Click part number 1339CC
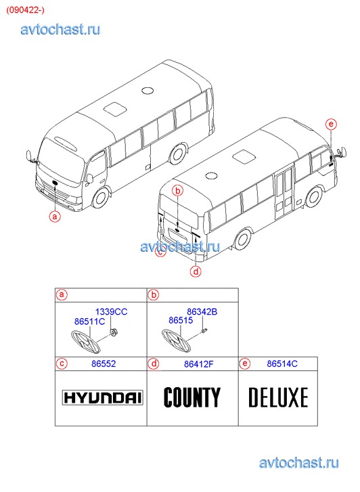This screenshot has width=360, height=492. coord(111,311)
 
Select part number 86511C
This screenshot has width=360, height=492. coord(89,321)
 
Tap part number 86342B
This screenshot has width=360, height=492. coord(202,311)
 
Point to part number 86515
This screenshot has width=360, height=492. coord(181,320)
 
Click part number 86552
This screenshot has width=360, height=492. coord(104,363)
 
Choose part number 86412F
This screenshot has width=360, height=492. coord(199,364)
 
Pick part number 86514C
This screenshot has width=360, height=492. coord(282,363)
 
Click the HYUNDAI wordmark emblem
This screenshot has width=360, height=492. coord(102,398)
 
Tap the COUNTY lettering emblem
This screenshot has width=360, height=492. coord(192,397)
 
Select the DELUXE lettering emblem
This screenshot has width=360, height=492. coord(278,397)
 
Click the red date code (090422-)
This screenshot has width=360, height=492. coord(25,10)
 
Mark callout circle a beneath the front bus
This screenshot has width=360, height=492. coord(55,217)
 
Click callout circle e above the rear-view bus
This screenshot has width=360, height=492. coord(331,125)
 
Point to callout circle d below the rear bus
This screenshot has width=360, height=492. coord(196,271)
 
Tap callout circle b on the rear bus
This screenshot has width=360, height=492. coord(178,190)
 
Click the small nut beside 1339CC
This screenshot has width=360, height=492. coord(112,332)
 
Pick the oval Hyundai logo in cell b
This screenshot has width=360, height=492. coord(176,341)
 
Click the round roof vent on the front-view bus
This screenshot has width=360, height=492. coord(148,91)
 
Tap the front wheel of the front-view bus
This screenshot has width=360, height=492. coord(101,198)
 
